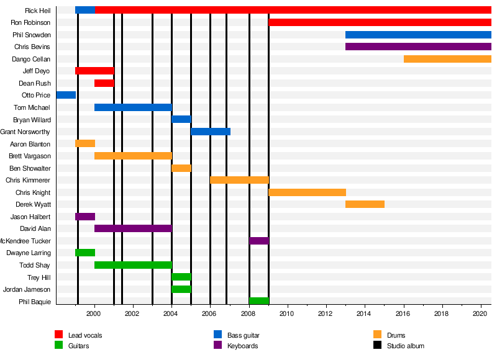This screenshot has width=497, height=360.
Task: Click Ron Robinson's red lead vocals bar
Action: pyautogui.click(x=380, y=22)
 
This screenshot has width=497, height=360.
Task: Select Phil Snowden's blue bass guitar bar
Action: pyautogui.click(x=418, y=35)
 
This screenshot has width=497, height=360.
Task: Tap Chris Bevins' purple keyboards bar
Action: pyautogui.click(x=418, y=47)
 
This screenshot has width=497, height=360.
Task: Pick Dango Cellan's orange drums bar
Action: pyautogui.click(x=447, y=59)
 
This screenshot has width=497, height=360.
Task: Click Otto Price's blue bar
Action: pyautogui.click(x=66, y=95)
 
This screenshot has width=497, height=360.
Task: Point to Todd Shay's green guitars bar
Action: pyautogui.click(x=133, y=265)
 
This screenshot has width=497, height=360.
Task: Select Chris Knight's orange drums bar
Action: pyautogui.click(x=307, y=192)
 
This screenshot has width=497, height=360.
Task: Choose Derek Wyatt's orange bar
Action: pyautogui.click(x=365, y=204)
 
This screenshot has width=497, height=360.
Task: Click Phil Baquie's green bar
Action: pyautogui.click(x=259, y=301)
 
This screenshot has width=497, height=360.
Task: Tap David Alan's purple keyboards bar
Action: pyautogui.click(x=133, y=228)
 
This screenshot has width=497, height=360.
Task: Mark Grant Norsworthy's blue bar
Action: pyautogui.click(x=211, y=132)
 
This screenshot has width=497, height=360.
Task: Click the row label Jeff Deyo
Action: pyautogui.click(x=36, y=71)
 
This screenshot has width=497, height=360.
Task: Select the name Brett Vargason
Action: pyautogui.click(x=30, y=156)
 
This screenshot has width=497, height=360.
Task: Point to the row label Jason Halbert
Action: pyautogui.click(x=30, y=217)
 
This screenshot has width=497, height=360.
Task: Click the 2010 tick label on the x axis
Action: pyautogui.click(x=287, y=313)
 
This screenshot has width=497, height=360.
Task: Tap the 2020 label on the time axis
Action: pyautogui.click(x=479, y=313)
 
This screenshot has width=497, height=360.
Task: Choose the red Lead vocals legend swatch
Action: pyautogui.click(x=59, y=335)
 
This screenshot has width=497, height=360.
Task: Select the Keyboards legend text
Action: pyautogui.click(x=242, y=346)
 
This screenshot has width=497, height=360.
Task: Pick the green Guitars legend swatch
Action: pyautogui.click(x=59, y=346)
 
